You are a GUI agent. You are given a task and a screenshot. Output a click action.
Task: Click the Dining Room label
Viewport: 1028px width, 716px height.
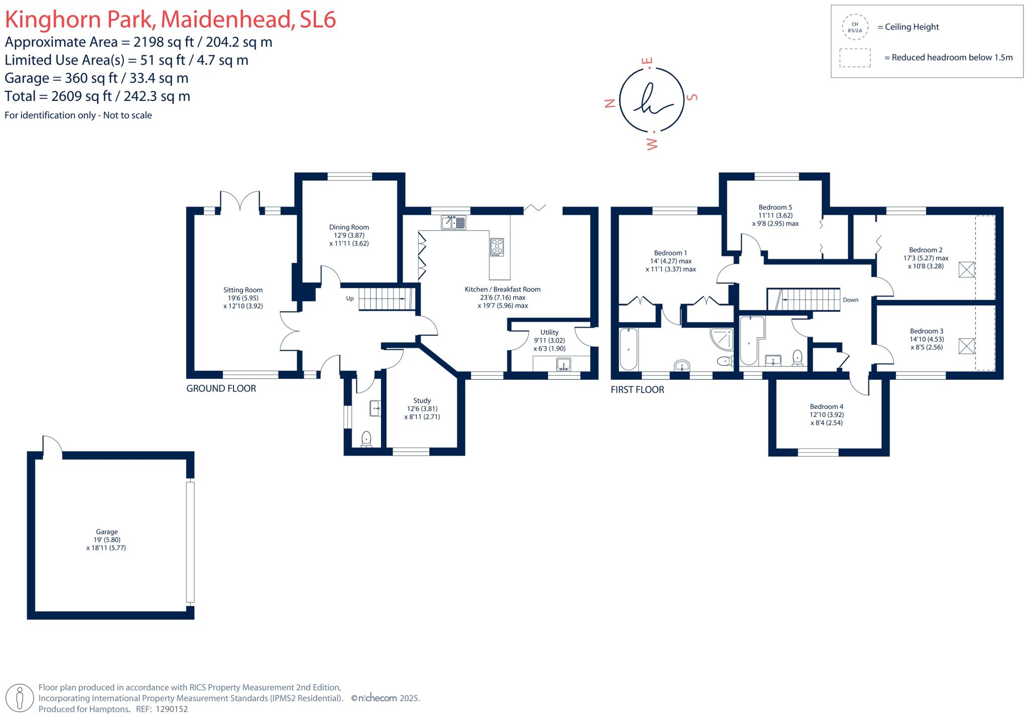coord(349,227)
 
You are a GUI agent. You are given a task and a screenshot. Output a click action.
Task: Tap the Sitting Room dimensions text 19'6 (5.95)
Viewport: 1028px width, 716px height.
coord(243,298)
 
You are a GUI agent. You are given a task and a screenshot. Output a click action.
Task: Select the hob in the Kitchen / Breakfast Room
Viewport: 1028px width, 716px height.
coord(497,247)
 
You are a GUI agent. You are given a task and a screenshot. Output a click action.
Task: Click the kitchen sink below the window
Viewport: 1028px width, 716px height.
coord(454,222)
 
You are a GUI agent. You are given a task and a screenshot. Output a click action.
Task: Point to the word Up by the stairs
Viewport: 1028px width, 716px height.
coord(350,299)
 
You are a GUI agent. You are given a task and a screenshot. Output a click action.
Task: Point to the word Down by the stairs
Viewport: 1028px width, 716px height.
coord(850,300)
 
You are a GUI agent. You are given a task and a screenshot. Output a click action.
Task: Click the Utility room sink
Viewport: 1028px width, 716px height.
coord(563,364)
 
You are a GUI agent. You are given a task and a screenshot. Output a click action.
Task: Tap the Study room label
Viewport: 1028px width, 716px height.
coord(422,400)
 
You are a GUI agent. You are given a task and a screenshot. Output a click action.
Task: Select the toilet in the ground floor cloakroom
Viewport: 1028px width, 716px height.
coord(366,439)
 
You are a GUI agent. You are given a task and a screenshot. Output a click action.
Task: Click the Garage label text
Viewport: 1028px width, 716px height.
coord(106,532)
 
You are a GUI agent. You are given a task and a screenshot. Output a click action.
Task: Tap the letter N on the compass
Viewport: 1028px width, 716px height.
coord(610,103)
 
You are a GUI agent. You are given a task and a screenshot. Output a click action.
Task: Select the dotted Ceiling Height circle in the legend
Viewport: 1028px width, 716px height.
coord(854,27)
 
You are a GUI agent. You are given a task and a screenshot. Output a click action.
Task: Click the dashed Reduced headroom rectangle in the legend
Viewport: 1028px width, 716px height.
coord(855,58)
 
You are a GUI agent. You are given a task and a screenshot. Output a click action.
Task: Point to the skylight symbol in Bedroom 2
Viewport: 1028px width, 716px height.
coord(966,269)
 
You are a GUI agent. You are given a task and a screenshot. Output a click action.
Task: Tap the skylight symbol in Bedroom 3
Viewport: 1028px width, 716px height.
coord(966,346)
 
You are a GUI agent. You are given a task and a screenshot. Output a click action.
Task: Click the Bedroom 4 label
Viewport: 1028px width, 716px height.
coord(826,406)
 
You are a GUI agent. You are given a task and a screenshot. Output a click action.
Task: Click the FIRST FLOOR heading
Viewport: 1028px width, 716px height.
coord(637,390)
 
